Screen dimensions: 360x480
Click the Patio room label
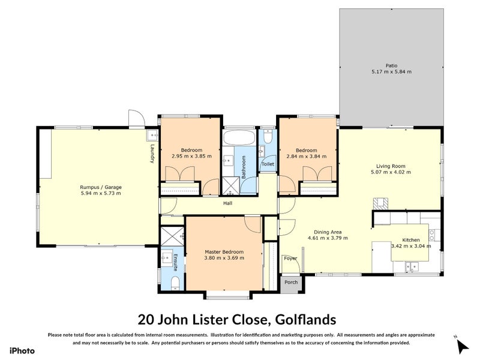(391, 65)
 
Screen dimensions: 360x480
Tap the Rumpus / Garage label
(101, 187)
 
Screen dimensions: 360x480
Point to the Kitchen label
(411, 239)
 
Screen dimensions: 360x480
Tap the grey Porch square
(291, 283)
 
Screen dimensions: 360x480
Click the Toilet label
(268, 164)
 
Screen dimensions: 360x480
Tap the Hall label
(227, 203)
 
